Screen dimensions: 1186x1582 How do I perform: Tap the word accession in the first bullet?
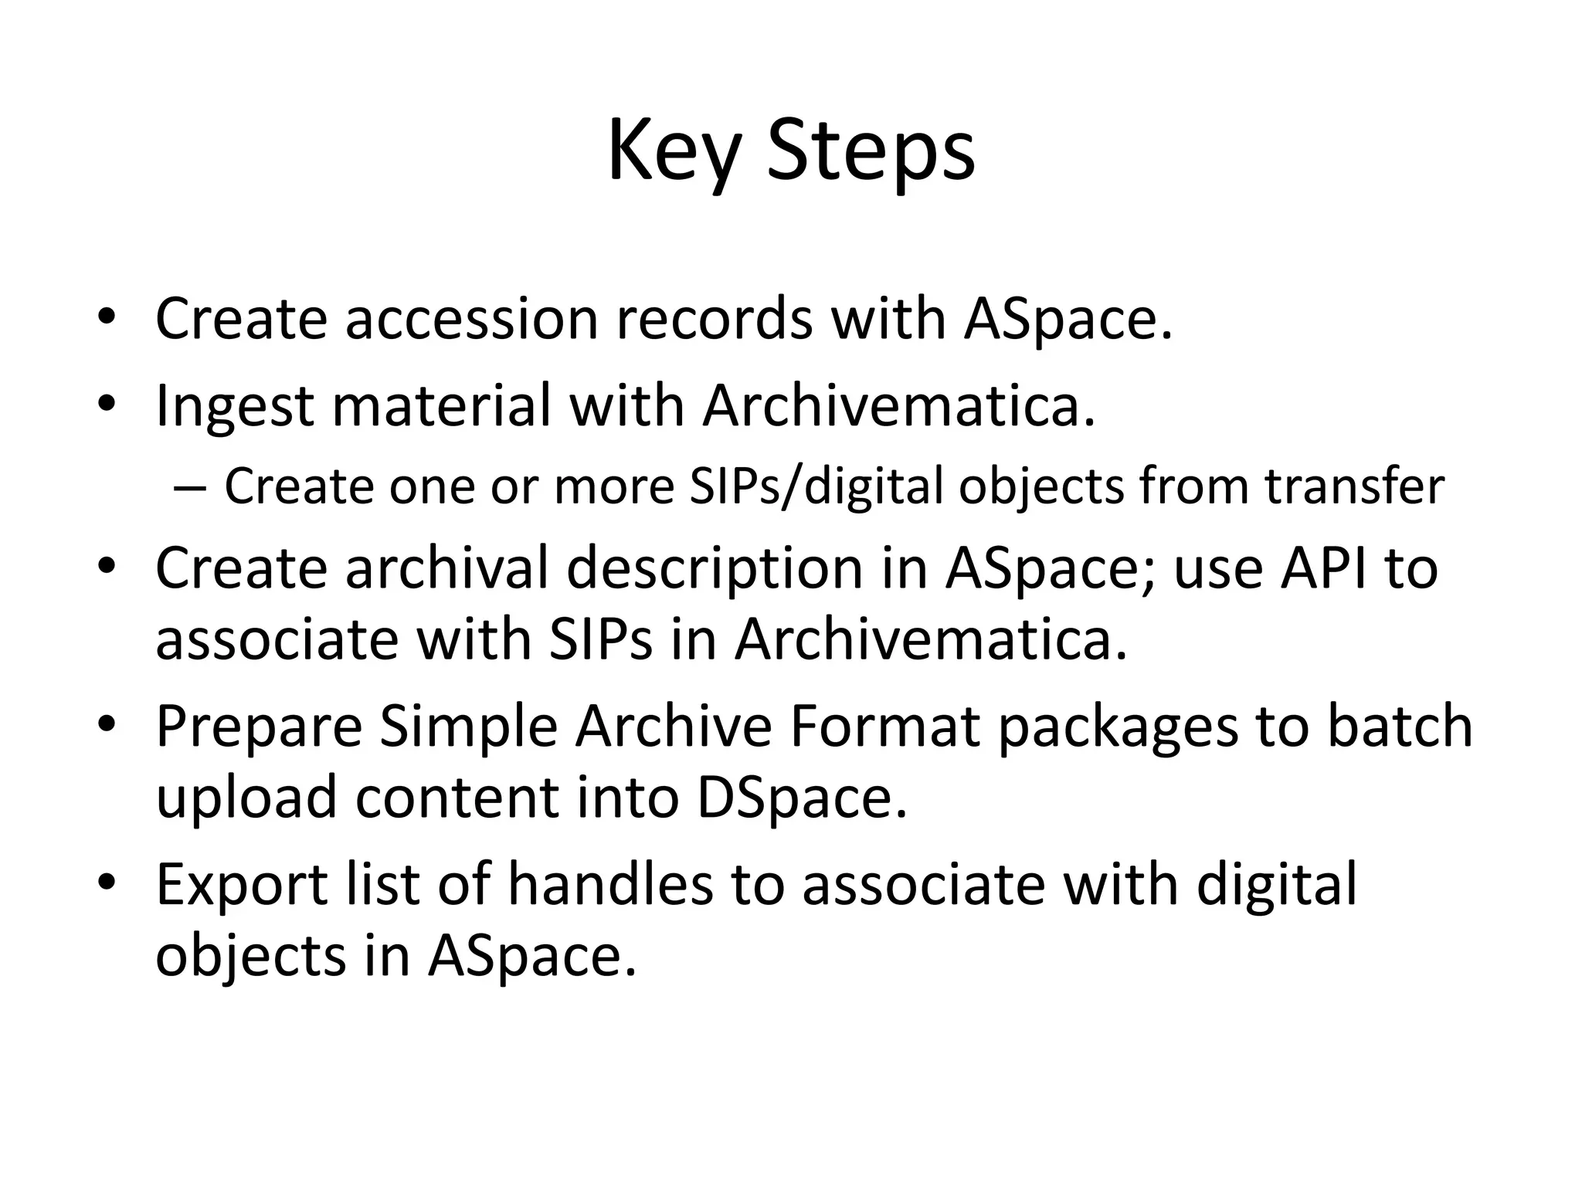click(x=471, y=319)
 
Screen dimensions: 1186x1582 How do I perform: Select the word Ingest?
click(x=234, y=407)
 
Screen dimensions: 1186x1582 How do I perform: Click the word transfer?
click(x=1354, y=487)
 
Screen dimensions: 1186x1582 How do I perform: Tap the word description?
click(x=714, y=568)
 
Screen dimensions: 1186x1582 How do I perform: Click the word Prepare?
click(x=259, y=727)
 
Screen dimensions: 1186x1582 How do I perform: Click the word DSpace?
click(x=801, y=798)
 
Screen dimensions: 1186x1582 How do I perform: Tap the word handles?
click(x=609, y=885)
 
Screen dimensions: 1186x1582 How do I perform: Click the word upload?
click(x=246, y=798)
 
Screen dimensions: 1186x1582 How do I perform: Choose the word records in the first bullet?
click(x=714, y=319)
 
